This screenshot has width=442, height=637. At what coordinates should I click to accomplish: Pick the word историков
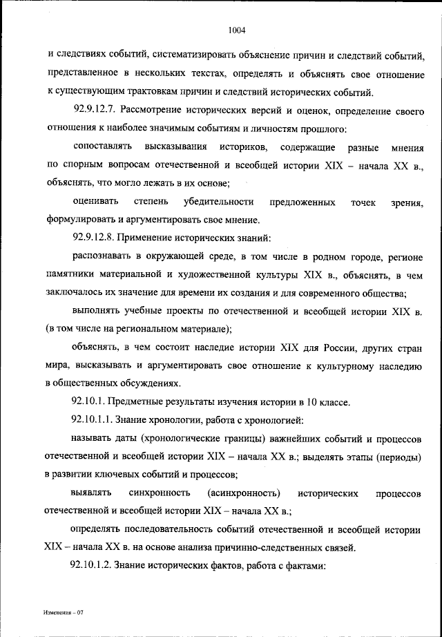[240, 147]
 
